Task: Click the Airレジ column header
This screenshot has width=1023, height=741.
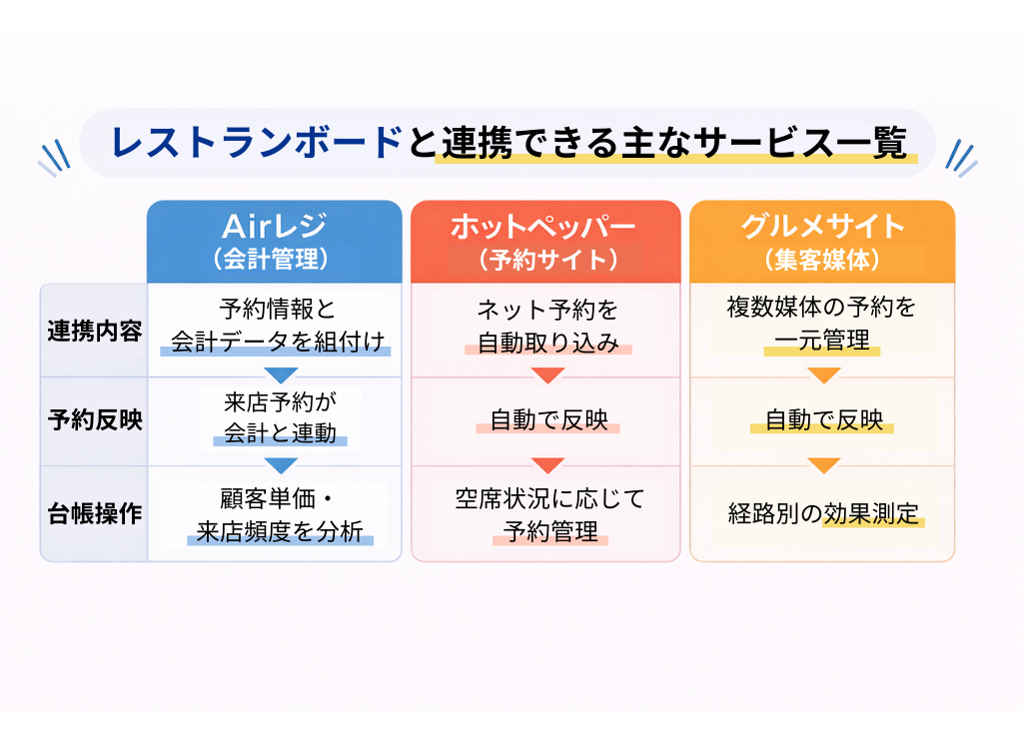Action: click(x=274, y=242)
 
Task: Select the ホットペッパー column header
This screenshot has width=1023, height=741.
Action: click(x=545, y=242)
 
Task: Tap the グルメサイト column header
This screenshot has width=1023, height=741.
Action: click(x=822, y=242)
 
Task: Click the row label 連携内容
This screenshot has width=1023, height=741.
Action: click(x=95, y=332)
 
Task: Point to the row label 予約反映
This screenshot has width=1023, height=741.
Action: click(x=95, y=420)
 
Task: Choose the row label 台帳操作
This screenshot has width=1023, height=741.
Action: click(x=95, y=514)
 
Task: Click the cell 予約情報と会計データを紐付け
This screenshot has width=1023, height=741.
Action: click(x=278, y=326)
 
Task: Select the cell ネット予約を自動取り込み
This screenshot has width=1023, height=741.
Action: click(x=548, y=326)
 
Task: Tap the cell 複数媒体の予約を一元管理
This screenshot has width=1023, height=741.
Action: click(x=822, y=324)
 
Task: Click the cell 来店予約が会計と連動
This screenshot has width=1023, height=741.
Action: click(x=280, y=418)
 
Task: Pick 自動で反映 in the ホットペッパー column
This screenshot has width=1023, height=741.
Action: click(x=548, y=420)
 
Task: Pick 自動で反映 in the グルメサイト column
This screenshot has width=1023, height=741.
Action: click(x=823, y=420)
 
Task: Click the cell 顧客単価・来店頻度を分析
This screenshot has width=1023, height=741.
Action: click(x=280, y=515)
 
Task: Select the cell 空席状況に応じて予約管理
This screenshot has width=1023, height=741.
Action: click(x=549, y=515)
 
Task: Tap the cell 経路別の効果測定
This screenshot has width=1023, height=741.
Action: click(x=823, y=514)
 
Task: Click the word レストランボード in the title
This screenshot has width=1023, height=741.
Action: click(x=256, y=142)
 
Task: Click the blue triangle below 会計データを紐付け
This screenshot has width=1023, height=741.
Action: click(x=281, y=375)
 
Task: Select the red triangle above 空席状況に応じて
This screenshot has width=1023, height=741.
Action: click(x=548, y=465)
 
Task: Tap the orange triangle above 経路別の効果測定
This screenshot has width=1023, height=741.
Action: click(x=823, y=465)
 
